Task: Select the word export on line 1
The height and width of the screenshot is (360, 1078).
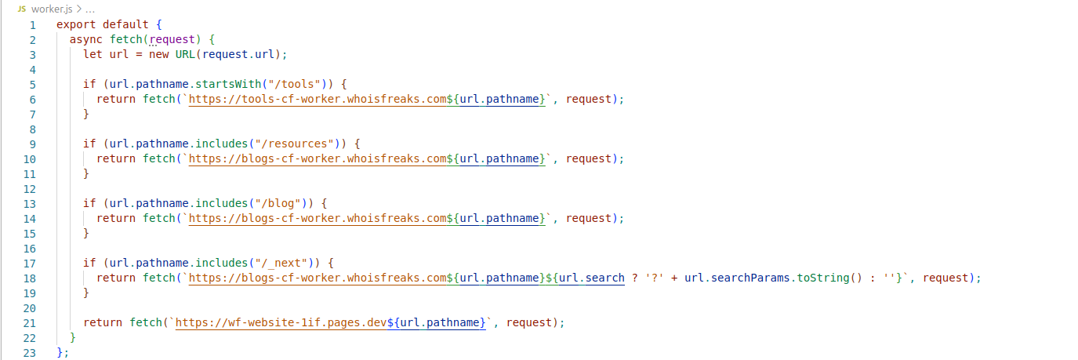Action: [76, 24]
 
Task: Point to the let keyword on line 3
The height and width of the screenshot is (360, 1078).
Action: [93, 53]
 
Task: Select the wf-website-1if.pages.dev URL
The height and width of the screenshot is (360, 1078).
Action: [281, 322]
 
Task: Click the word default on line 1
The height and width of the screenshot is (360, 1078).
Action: [125, 24]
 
